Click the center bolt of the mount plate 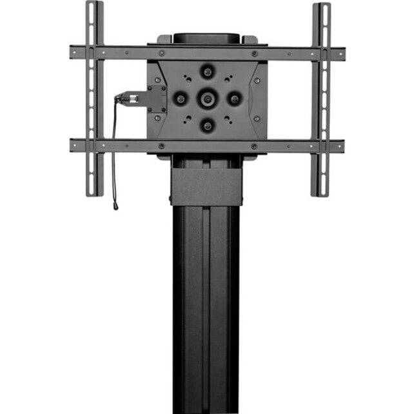click(x=207, y=99)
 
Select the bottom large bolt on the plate click(x=207, y=126)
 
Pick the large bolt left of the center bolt click(x=180, y=99)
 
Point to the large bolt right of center click(x=235, y=99)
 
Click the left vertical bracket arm click(x=94, y=97)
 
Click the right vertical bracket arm click(x=320, y=97)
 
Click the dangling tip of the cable click(x=115, y=207)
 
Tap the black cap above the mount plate click(x=206, y=37)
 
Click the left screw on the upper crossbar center click(x=161, y=53)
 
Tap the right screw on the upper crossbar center click(x=254, y=53)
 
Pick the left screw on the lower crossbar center click(x=161, y=146)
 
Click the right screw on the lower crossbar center click(x=254, y=146)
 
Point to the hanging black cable click(x=114, y=155)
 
